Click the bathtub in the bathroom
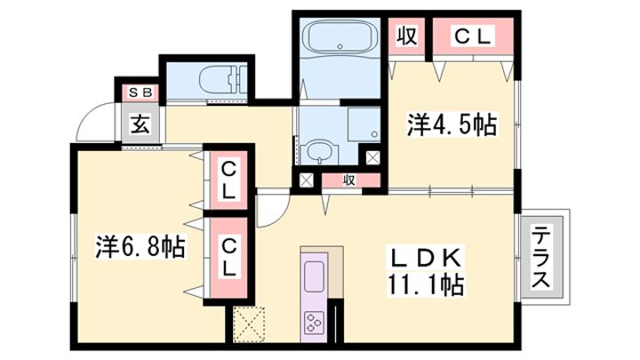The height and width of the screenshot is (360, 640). point(340,36)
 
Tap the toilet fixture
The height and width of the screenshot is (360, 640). point(223,80)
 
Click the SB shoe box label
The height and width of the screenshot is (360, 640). point(140,92)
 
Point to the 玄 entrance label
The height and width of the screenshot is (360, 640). point(140,124)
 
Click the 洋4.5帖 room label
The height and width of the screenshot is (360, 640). point(452,124)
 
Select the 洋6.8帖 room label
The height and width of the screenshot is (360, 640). point(140,246)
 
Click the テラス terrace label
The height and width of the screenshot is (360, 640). point(541,258)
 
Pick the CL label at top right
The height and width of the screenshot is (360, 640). point(472,37)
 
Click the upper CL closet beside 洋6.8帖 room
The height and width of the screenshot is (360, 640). point(228,180)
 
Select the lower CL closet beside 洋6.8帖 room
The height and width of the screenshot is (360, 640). point(229,258)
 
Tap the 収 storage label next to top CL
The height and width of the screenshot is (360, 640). point(407,36)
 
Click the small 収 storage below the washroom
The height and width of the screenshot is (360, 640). point(349,180)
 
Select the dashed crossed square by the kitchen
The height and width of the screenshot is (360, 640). point(249,324)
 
